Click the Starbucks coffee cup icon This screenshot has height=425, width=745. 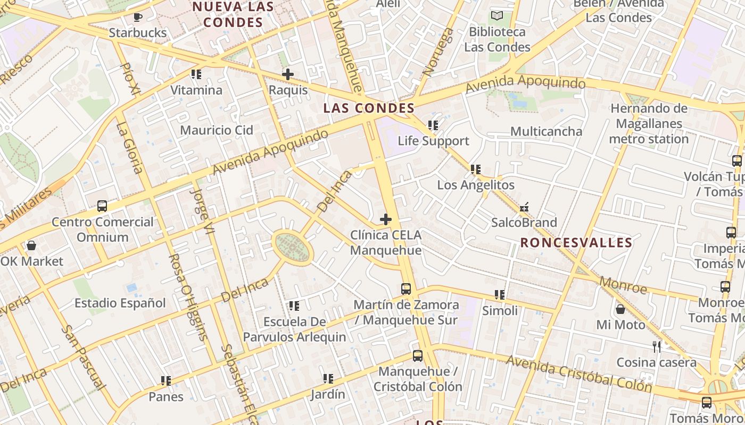tap(138, 17)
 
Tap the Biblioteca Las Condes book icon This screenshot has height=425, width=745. tap(497, 16)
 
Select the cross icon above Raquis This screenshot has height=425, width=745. tap(288, 74)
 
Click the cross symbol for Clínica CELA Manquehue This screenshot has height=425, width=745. tap(386, 219)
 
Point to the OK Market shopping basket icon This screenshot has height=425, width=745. tap(31, 245)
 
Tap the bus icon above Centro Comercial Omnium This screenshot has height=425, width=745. tap(102, 206)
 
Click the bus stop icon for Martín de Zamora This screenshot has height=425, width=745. tap(406, 289)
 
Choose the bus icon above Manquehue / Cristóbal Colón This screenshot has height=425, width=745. tap(418, 356)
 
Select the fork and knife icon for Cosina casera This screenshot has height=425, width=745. tap(657, 347)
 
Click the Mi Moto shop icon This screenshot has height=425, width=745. tap(620, 309)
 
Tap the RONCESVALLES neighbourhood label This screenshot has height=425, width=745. tap(576, 243)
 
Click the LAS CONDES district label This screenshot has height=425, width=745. tap(369, 108)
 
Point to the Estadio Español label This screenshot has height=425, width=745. tap(120, 303)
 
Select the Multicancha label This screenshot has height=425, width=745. tap(546, 131)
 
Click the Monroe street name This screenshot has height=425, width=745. tap(623, 285)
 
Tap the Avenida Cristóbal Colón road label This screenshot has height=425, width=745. tap(578, 373)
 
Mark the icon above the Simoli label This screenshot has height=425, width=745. tap(500, 295)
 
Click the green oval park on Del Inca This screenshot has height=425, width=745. tap(292, 246)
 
